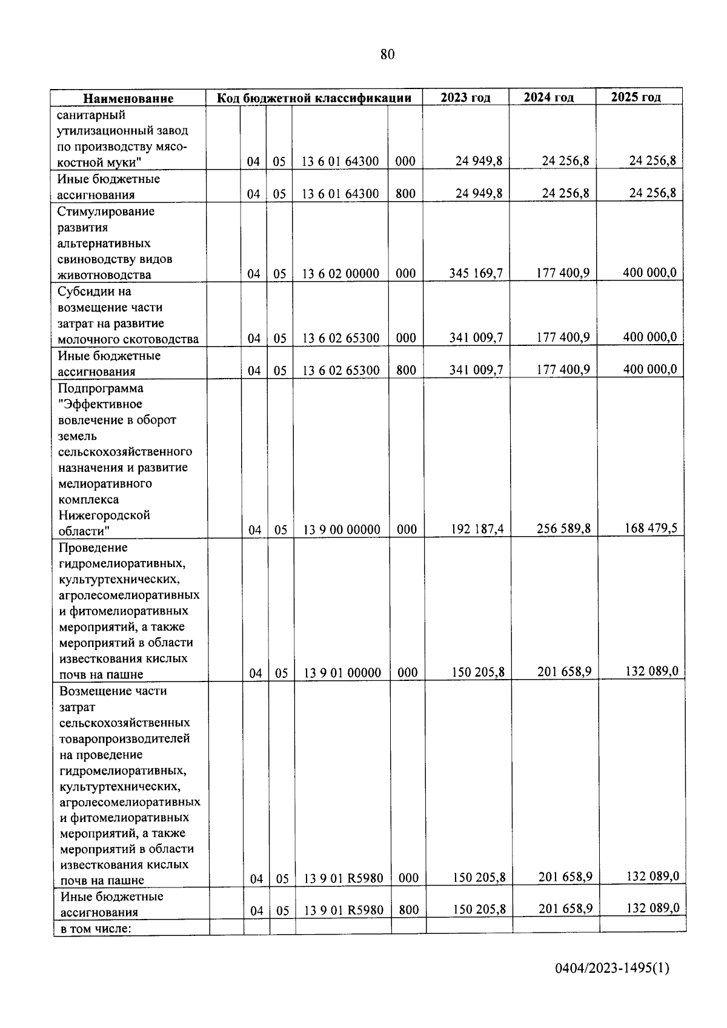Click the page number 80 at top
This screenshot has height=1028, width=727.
coord(388,55)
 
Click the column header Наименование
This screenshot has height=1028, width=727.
coord(128,98)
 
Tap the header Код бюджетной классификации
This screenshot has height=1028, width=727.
coord(314,98)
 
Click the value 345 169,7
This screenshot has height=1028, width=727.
coord(476,273)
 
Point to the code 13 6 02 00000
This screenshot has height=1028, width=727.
coord(340,274)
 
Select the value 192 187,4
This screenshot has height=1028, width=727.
coord(477,529)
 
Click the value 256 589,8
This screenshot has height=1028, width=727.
coord(563,529)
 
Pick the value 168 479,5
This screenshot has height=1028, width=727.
coord(651,528)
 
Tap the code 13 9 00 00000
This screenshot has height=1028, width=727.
coord(342,530)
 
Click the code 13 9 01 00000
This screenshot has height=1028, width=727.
coord(342,673)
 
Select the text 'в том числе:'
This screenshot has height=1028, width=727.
coord(96,928)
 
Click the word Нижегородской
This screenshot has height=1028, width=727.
coord(104,516)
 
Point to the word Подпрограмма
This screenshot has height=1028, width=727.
coord(101,388)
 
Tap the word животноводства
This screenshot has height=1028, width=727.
coord(104,275)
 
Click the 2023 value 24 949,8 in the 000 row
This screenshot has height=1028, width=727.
coord(479,161)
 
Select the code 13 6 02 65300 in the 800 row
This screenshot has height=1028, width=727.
coord(340,371)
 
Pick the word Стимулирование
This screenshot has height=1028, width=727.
coord(106,211)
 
